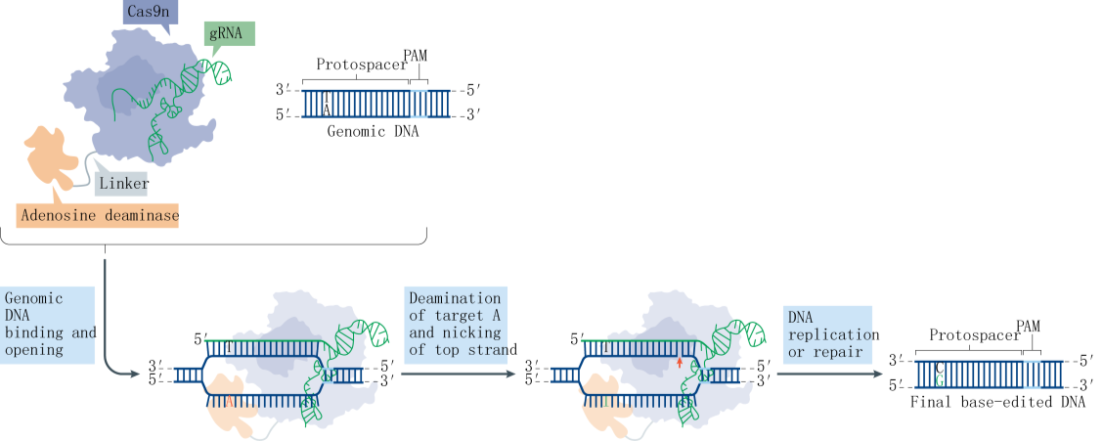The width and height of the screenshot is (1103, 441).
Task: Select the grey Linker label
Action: [124, 183]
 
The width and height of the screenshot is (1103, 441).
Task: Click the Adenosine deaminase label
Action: [98, 214]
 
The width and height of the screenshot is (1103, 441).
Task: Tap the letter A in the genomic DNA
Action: [327, 111]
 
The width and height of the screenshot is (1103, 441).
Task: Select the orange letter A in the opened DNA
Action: [229, 400]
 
